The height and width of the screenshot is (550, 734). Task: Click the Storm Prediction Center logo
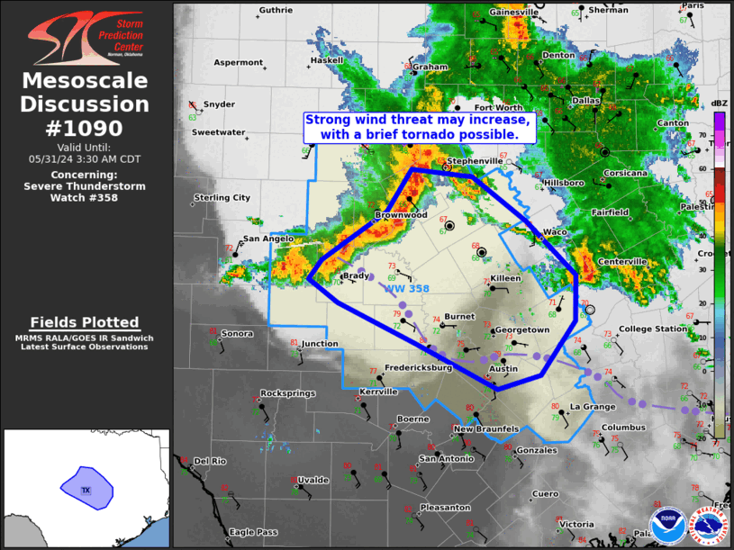click(86, 37)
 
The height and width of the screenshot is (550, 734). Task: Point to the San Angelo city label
click(268, 239)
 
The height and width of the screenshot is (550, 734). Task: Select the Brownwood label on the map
click(401, 216)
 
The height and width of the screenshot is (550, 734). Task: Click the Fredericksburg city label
click(418, 368)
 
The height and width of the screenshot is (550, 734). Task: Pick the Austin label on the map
click(503, 369)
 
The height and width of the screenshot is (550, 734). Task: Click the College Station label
click(653, 329)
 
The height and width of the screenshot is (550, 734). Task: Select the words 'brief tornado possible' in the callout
click(458, 134)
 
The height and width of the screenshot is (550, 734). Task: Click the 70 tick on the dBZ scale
click(702, 134)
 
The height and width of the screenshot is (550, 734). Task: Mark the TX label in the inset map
click(86, 491)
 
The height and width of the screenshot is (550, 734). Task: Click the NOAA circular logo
click(666, 525)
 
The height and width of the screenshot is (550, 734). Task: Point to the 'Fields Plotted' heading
click(85, 322)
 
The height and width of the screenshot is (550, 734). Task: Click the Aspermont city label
click(238, 63)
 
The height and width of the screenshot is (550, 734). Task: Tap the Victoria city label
click(576, 524)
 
